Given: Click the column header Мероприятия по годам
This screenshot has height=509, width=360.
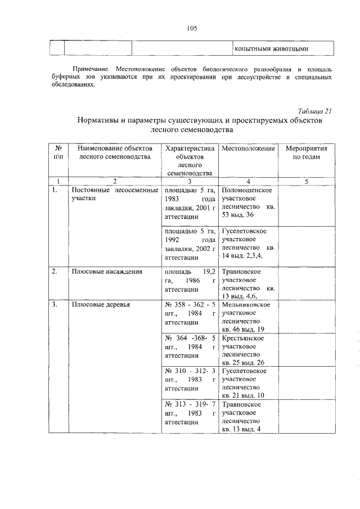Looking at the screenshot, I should [307, 152].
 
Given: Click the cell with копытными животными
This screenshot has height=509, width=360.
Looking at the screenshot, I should [272, 48].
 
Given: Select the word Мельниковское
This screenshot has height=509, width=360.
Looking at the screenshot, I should [246, 305].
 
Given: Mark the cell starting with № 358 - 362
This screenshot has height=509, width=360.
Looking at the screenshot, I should [190, 313].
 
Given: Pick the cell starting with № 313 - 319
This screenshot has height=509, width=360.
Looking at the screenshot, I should [190, 413].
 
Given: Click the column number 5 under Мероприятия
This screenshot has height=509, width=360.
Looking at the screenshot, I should [307, 181].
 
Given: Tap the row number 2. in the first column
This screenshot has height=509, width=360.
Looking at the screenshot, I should [55, 272].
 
